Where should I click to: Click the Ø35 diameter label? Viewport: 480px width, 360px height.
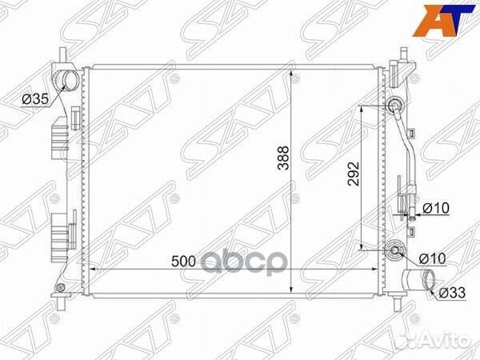(35, 99)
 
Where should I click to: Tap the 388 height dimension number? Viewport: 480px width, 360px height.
(283, 158)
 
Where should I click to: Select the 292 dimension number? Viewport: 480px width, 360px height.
(353, 174)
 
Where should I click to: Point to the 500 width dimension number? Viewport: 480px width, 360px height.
(183, 262)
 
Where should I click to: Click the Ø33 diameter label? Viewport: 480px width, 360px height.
(452, 292)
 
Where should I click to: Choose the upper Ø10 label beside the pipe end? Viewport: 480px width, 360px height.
(436, 208)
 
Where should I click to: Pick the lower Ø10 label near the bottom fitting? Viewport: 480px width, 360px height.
(432, 258)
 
